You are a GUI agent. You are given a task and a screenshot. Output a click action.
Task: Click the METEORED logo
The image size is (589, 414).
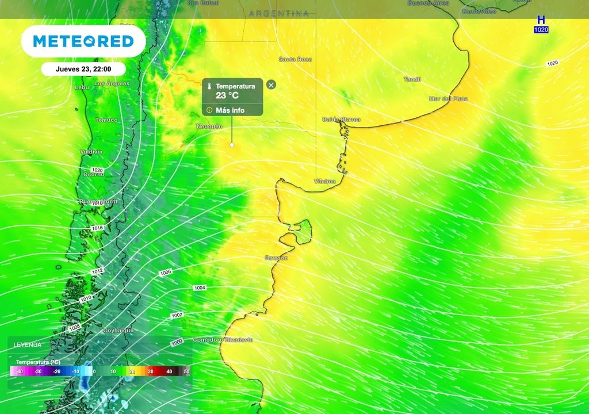(83, 41)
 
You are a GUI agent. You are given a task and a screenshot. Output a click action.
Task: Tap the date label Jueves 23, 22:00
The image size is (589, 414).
(83, 68)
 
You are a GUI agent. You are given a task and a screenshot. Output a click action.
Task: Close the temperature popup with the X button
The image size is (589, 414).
(271, 85)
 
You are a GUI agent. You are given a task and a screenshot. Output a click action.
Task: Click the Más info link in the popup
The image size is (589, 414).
(230, 110)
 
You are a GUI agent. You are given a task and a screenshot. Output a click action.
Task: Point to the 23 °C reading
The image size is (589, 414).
(227, 96)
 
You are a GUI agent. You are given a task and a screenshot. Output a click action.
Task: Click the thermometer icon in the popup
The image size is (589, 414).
(210, 86)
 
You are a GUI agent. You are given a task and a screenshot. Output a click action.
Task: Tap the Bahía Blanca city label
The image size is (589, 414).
(341, 120)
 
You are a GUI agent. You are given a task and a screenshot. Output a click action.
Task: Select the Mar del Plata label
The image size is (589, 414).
(448, 99)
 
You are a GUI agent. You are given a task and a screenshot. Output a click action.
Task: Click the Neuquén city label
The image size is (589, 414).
(209, 126)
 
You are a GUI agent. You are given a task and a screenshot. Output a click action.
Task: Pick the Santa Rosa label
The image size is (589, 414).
(295, 59)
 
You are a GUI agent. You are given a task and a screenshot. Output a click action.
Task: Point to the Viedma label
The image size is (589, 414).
(324, 182)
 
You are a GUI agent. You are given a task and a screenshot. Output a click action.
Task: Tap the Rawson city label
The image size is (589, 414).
(276, 258)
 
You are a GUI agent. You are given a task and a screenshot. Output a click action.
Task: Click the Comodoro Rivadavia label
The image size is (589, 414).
(223, 340)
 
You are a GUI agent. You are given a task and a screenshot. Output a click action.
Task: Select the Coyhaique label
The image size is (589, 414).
(118, 331)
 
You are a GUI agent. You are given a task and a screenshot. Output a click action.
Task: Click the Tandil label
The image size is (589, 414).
(412, 79)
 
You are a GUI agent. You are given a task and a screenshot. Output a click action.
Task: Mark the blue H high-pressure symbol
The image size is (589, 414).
(541, 20)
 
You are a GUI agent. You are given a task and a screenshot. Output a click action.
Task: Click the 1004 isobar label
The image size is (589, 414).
(200, 287)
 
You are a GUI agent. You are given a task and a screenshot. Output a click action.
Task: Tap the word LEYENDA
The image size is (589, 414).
(28, 345)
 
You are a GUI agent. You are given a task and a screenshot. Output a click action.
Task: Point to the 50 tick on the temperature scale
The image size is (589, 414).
(186, 372)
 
